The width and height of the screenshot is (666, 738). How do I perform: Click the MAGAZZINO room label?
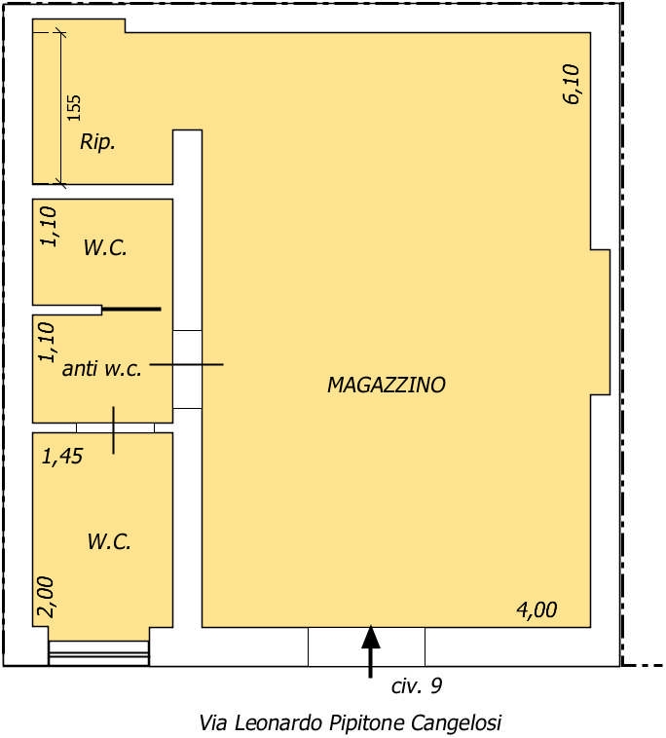click(386, 385)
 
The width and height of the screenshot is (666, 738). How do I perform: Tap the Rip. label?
click(97, 142)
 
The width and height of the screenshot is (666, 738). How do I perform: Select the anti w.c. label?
click(101, 369)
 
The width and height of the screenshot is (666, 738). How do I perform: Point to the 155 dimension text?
click(74, 108)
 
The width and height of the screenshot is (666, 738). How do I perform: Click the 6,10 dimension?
click(572, 84)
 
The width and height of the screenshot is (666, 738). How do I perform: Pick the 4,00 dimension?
click(536, 610)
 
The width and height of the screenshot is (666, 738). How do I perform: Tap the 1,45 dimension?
click(62, 456)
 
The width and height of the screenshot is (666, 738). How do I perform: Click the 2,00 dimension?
click(46, 597)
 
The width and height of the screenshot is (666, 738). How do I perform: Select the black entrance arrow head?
click(371, 638)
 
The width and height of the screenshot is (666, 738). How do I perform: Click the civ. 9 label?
click(417, 686)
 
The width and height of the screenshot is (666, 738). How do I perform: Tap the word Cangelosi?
click(456, 723)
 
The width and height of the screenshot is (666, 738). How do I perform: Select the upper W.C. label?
click(105, 247)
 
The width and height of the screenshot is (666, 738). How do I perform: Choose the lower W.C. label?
click(109, 541)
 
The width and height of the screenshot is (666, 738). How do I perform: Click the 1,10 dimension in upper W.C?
click(49, 227)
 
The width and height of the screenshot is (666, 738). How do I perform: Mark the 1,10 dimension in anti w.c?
click(47, 342)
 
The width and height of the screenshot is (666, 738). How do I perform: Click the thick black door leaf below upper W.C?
click(131, 310)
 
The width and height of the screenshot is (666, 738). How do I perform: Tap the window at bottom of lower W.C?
click(99, 653)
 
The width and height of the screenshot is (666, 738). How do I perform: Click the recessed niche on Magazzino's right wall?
click(601, 322)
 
